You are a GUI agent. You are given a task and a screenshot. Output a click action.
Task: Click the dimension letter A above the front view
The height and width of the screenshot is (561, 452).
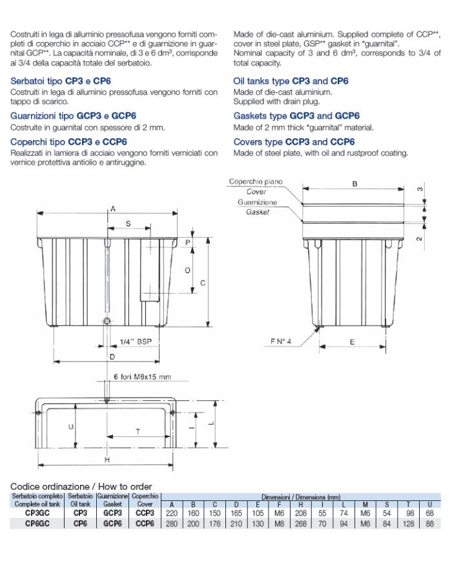click(112, 209)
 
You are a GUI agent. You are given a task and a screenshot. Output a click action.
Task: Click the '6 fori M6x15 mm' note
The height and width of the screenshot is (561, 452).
click(142, 376)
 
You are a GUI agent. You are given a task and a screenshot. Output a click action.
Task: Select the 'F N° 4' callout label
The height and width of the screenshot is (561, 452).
click(282, 342)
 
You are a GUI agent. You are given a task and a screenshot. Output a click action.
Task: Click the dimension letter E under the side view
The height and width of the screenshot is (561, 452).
click(352, 342)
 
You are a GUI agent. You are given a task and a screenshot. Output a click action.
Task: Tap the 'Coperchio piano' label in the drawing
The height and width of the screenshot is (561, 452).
click(256, 182)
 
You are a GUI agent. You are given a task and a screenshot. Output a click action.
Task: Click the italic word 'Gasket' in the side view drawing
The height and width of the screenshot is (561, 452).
click(257, 212)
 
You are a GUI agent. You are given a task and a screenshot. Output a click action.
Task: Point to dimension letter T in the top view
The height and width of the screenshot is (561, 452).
click(138, 431)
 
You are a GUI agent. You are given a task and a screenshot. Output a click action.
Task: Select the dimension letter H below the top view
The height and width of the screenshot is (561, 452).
click(107, 459)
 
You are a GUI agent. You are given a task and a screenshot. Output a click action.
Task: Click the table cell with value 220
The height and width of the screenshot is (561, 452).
click(172, 513)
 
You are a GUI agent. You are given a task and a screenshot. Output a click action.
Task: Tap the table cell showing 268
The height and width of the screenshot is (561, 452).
click(300, 524)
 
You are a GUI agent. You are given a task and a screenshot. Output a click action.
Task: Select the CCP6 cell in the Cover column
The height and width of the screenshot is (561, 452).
click(145, 524)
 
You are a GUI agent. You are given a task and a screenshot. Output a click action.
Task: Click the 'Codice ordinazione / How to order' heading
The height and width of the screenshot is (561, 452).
click(81, 485)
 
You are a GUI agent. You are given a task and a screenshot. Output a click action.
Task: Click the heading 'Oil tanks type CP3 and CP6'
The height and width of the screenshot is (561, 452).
click(291, 81)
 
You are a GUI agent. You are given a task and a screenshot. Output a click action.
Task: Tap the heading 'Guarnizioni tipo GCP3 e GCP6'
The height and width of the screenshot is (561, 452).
click(73, 116)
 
